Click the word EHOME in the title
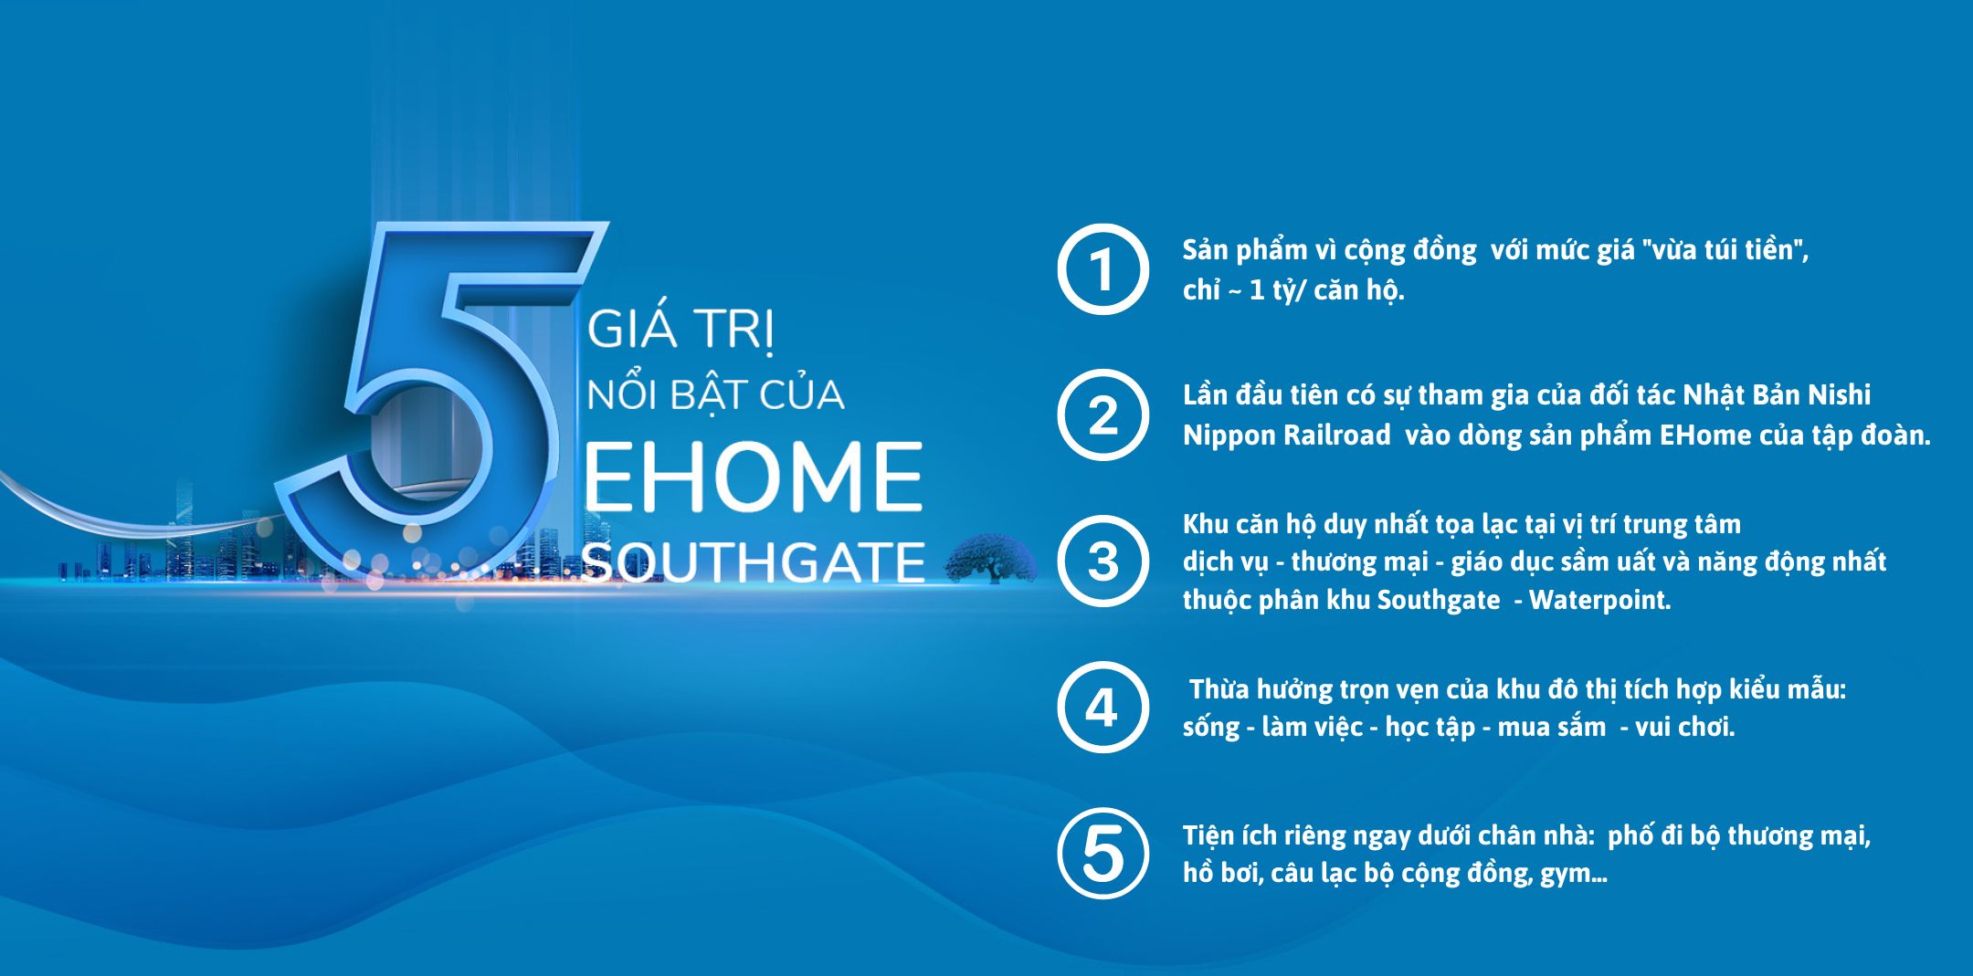[753, 478]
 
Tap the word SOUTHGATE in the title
[754, 562]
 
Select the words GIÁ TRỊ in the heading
[681, 330]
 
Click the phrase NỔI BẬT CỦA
[715, 394]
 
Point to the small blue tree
[990, 558]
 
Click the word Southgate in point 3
[1439, 600]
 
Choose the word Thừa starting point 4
[1219, 688]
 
